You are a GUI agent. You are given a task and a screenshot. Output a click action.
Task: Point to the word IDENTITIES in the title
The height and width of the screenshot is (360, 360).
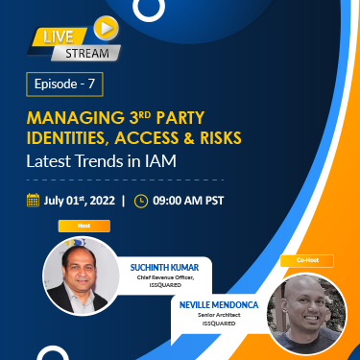(x=72, y=139)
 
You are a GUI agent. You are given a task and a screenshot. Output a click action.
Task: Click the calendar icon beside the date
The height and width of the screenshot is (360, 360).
(x=36, y=201)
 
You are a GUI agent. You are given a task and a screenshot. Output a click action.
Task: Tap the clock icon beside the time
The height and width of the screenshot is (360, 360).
(x=141, y=201)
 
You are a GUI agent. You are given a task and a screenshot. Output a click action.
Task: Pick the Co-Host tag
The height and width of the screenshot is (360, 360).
(x=299, y=260)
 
